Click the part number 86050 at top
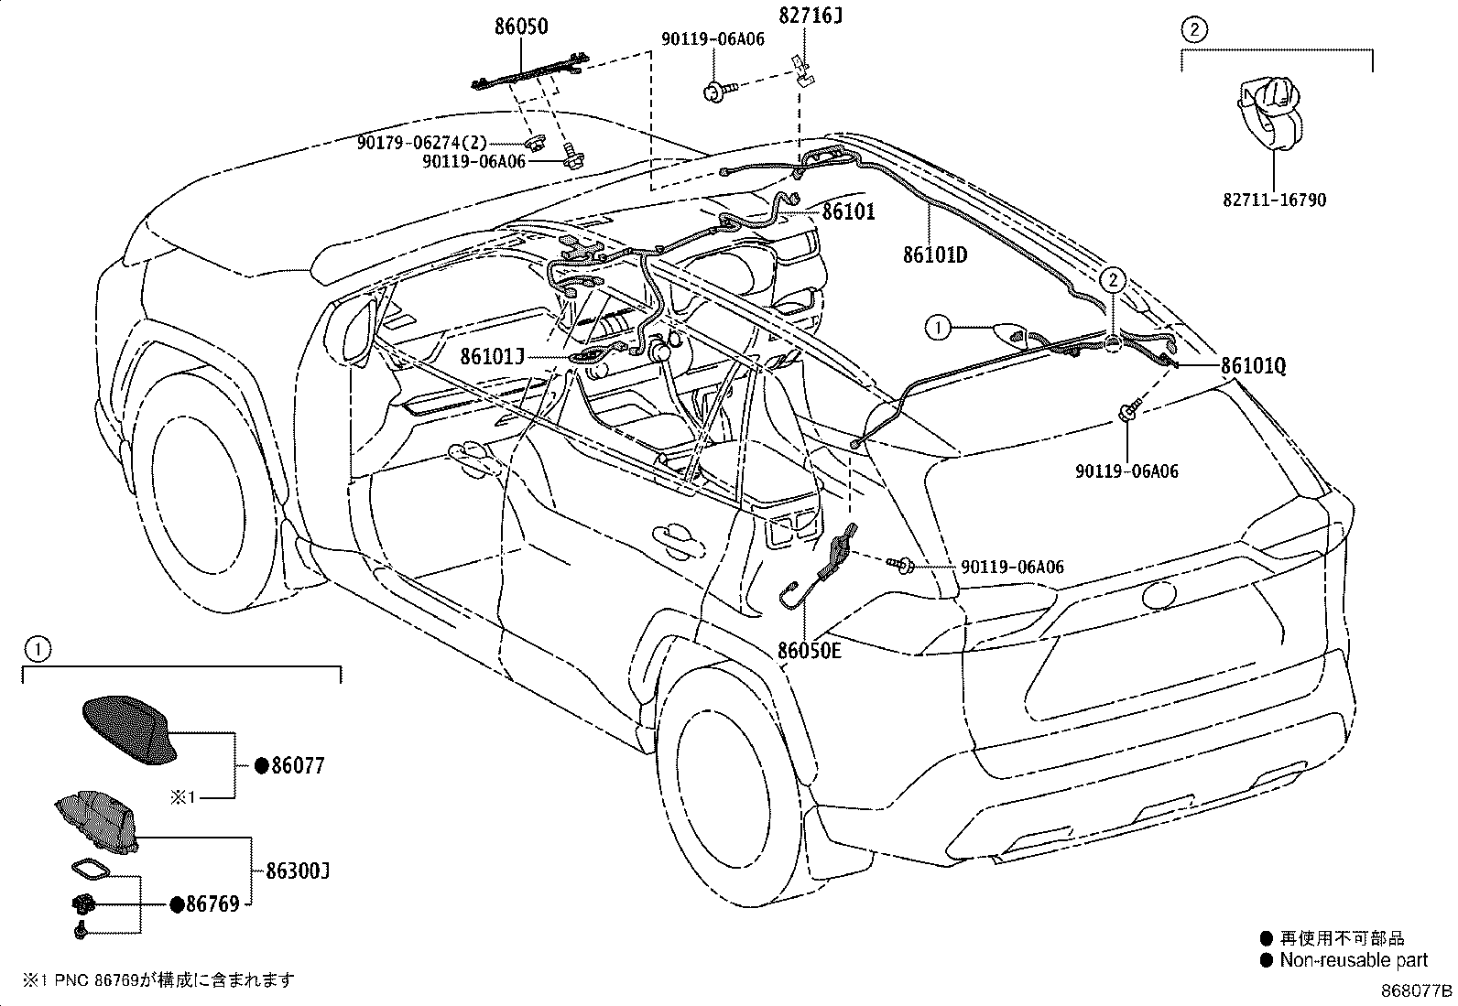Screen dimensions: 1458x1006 pos(521,26)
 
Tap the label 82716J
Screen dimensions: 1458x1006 pos(811,15)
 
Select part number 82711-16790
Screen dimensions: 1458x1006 pos(1274,200)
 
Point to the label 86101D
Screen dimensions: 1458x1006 pos(935,254)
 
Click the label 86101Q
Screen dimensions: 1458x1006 pos(1253,366)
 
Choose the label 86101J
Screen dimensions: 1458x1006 pos(492,356)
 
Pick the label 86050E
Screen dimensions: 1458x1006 pos(809,650)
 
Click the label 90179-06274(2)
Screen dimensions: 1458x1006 pos(422,143)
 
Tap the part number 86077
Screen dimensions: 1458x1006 pos(298,765)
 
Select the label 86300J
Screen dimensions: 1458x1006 pos(298,871)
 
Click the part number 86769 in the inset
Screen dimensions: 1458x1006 pos(212,903)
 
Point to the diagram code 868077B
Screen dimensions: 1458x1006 pos(1417,990)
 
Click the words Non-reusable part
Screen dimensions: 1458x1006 pos(1354,960)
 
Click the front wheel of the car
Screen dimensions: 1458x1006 pos(199,494)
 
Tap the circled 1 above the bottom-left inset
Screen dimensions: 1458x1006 pos(38,649)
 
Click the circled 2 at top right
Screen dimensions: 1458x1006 pos(1193,29)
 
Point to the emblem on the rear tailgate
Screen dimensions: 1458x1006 pos(1159,594)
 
